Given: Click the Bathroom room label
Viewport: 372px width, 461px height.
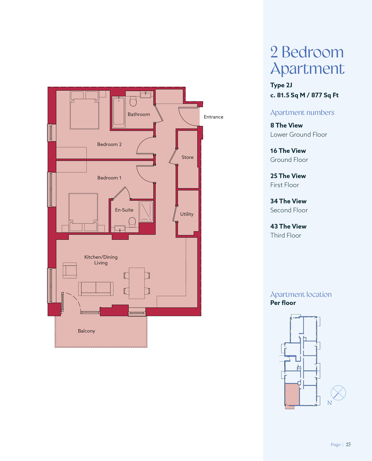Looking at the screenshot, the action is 139,114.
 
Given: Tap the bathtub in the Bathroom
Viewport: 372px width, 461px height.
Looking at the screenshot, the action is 119,112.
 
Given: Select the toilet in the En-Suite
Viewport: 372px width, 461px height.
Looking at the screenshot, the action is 132,222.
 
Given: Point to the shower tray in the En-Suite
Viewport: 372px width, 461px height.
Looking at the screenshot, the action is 146,212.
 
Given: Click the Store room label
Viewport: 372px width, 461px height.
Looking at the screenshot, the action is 187,157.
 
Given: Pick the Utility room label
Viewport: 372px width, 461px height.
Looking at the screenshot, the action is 187,214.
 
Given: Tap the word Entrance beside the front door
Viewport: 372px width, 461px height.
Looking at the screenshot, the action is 214,117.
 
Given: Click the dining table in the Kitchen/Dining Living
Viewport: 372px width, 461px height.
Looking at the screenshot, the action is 137,283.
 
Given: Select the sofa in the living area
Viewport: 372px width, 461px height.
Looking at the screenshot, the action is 96,289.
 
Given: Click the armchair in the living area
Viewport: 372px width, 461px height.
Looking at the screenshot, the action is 70,270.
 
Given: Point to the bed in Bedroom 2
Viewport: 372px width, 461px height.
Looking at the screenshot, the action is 85,110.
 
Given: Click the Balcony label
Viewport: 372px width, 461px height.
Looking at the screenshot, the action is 86,331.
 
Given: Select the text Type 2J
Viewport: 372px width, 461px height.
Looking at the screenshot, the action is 281,85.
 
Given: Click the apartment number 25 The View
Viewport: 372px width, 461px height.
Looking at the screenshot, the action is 288,176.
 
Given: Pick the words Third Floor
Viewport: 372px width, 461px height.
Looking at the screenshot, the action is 286,235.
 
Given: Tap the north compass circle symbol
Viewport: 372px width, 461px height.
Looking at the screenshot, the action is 338,393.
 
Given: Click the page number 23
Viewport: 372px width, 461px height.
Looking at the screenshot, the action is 348,444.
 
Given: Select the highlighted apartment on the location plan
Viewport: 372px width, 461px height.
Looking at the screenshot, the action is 292,395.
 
